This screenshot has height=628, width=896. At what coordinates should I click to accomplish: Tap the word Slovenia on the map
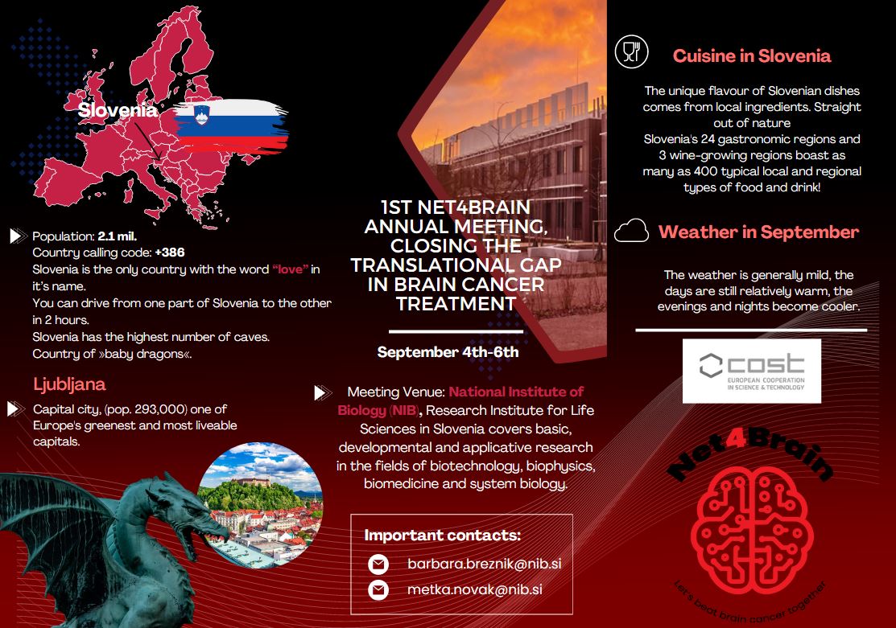coord(118,111)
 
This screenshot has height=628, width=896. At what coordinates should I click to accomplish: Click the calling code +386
coord(170,252)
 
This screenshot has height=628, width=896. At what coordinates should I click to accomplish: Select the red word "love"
coord(291,269)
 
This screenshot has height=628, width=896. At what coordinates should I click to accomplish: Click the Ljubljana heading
coord(69,384)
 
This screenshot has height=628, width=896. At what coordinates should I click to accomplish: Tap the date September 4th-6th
coord(448,352)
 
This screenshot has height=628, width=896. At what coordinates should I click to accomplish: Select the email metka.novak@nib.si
coord(474,590)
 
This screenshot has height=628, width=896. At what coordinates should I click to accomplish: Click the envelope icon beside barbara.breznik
coord(378,564)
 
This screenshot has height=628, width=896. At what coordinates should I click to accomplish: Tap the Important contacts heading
coord(443,536)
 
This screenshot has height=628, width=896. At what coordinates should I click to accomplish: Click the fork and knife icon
coord(630,52)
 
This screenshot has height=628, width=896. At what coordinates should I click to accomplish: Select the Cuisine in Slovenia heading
coord(752,56)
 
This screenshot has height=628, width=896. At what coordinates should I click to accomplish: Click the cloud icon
coord(631,232)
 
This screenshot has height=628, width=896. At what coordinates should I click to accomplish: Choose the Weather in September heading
coord(758,232)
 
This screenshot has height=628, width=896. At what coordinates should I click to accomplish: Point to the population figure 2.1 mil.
coord(118,236)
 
